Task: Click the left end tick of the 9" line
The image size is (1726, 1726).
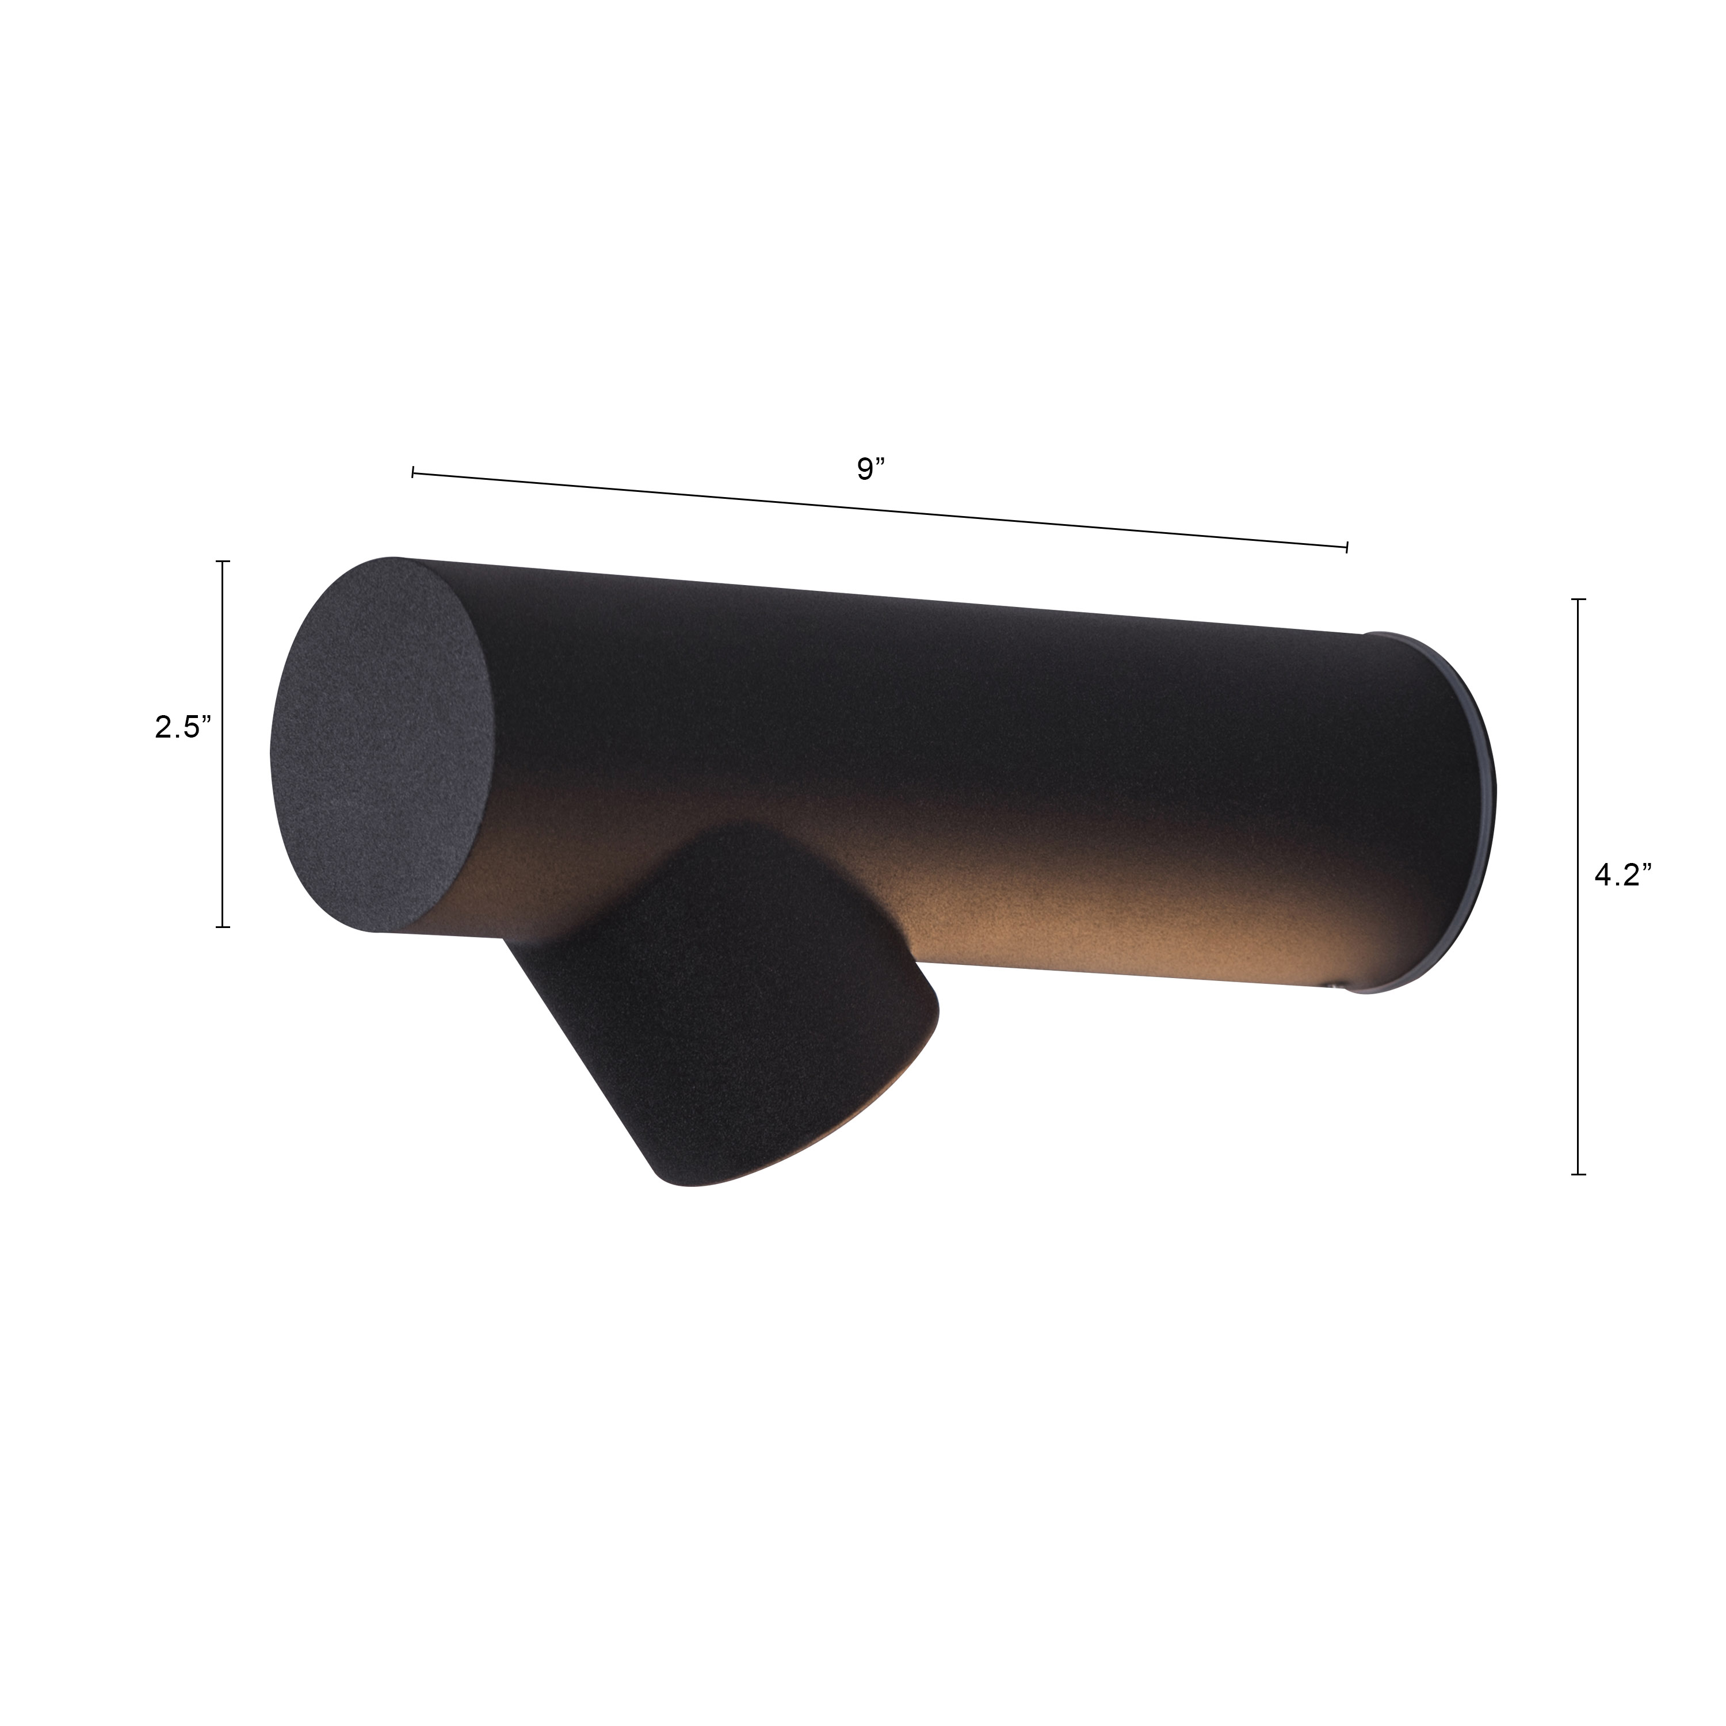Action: [413, 472]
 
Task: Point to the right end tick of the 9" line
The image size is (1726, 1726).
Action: [1346, 546]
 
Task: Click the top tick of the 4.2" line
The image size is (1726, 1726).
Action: [1579, 599]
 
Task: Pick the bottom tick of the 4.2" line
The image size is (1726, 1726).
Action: [1579, 1173]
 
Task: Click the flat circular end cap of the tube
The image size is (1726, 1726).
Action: [383, 747]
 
